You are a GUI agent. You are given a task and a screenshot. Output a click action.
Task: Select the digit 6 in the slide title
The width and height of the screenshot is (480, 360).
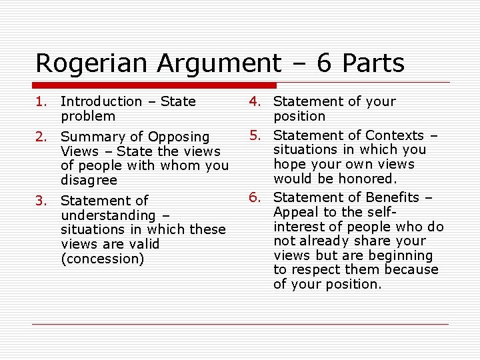pos(324,63)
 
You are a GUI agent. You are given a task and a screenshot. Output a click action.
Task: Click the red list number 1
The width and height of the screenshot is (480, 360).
pos(41,101)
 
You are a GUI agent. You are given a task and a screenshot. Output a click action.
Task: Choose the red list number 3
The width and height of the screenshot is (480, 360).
pos(41,200)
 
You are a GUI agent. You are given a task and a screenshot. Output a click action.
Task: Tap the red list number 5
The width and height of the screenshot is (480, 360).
pos(254,135)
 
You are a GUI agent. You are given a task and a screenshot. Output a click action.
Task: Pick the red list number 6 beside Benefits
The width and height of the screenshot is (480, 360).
pos(254,197)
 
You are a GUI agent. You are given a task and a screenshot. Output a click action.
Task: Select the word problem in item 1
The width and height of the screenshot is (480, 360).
pos(88,116)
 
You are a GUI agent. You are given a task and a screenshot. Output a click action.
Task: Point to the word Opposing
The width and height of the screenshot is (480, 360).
pos(179,137)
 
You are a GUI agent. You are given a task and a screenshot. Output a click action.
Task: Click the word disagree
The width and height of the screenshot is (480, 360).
pos(89,180)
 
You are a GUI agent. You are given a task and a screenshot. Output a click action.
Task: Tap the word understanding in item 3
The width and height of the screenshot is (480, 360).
pos(107,215)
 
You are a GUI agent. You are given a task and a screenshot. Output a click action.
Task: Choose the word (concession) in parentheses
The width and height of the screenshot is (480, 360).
pos(102,259)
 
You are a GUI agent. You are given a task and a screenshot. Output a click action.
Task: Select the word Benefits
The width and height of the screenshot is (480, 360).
pos(389,197)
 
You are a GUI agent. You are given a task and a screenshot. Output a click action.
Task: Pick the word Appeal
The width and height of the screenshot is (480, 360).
pos(294,212)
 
